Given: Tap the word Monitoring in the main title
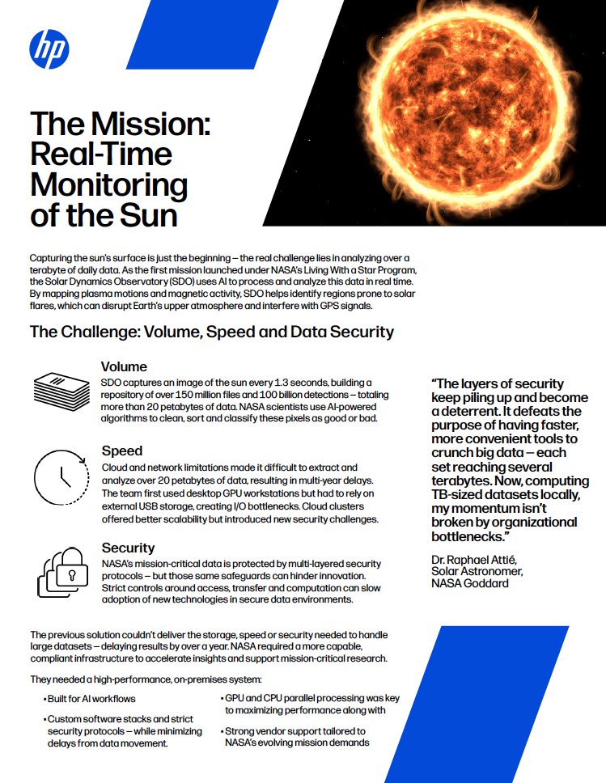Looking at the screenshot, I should click(x=108, y=185).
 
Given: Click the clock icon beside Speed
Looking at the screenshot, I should click(x=61, y=479).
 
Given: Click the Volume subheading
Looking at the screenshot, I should click(x=125, y=366).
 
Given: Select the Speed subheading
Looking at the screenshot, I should click(x=122, y=451).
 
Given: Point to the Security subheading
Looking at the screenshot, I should click(x=129, y=548).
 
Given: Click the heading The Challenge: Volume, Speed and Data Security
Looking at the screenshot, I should click(x=211, y=332).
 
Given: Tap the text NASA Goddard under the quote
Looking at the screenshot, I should click(x=470, y=582).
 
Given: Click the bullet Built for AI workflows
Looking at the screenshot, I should click(x=91, y=698).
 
